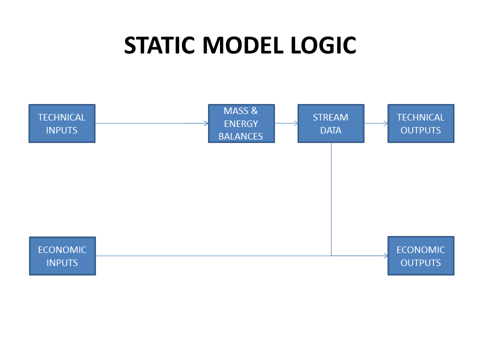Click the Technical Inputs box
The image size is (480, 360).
coord(62,123)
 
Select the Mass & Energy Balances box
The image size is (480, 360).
coord(241,123)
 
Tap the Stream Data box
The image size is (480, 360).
coord(331,123)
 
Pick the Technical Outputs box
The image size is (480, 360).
coord(421,123)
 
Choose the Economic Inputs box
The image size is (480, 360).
coord(62,256)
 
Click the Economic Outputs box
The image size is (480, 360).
coord(421,256)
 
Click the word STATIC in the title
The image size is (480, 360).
coord(159,45)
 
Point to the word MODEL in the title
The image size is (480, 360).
coord(243,45)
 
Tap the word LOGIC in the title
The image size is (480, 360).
coord(323,45)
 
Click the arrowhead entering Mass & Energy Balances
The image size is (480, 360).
coord(206,123)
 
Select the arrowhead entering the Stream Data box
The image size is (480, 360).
coord(296,123)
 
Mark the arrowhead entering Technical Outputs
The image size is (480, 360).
coord(386,123)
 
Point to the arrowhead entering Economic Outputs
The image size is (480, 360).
coord(386,256)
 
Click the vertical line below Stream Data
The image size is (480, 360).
coord(331,199)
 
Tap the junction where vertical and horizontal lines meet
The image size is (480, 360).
coord(331,256)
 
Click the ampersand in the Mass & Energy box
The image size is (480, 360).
coord(254,111)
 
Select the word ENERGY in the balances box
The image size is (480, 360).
coord(241,123)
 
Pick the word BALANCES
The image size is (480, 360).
coord(240,136)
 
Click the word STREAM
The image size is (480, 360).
coord(330,117)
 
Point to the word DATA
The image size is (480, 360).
coord(330,130)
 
